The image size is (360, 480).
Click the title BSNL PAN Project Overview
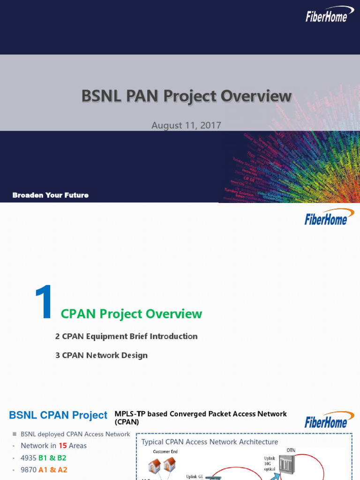click(187, 96)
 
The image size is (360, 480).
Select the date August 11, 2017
click(186, 125)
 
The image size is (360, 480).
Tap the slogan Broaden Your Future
click(50, 195)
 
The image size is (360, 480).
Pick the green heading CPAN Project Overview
click(132, 314)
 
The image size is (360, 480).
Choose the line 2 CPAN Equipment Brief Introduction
click(127, 336)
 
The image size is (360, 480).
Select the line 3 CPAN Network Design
click(102, 355)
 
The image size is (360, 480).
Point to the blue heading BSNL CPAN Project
click(58, 415)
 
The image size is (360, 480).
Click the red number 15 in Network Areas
click(63, 445)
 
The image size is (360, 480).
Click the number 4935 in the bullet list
click(28, 457)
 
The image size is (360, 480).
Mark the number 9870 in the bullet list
click(28, 470)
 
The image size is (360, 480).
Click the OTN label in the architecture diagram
click(291, 450)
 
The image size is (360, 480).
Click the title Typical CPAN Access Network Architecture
click(210, 442)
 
